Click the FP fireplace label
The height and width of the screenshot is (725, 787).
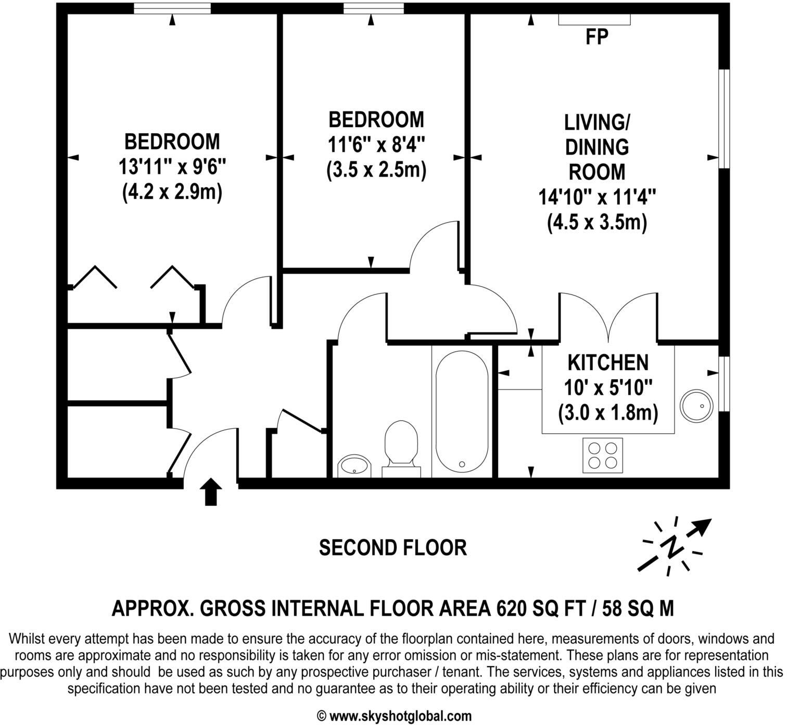pos(596,37)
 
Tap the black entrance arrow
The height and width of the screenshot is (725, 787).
pos(211,492)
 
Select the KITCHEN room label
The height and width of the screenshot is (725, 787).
pos(607,362)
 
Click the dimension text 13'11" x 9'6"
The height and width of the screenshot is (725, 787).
pos(172,167)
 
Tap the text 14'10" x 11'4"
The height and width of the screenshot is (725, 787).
pos(596,197)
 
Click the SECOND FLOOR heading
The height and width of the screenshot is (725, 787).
pos(392,548)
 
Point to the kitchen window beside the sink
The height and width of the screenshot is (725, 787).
pos(724,384)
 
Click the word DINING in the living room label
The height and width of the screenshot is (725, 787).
pos(596,147)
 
